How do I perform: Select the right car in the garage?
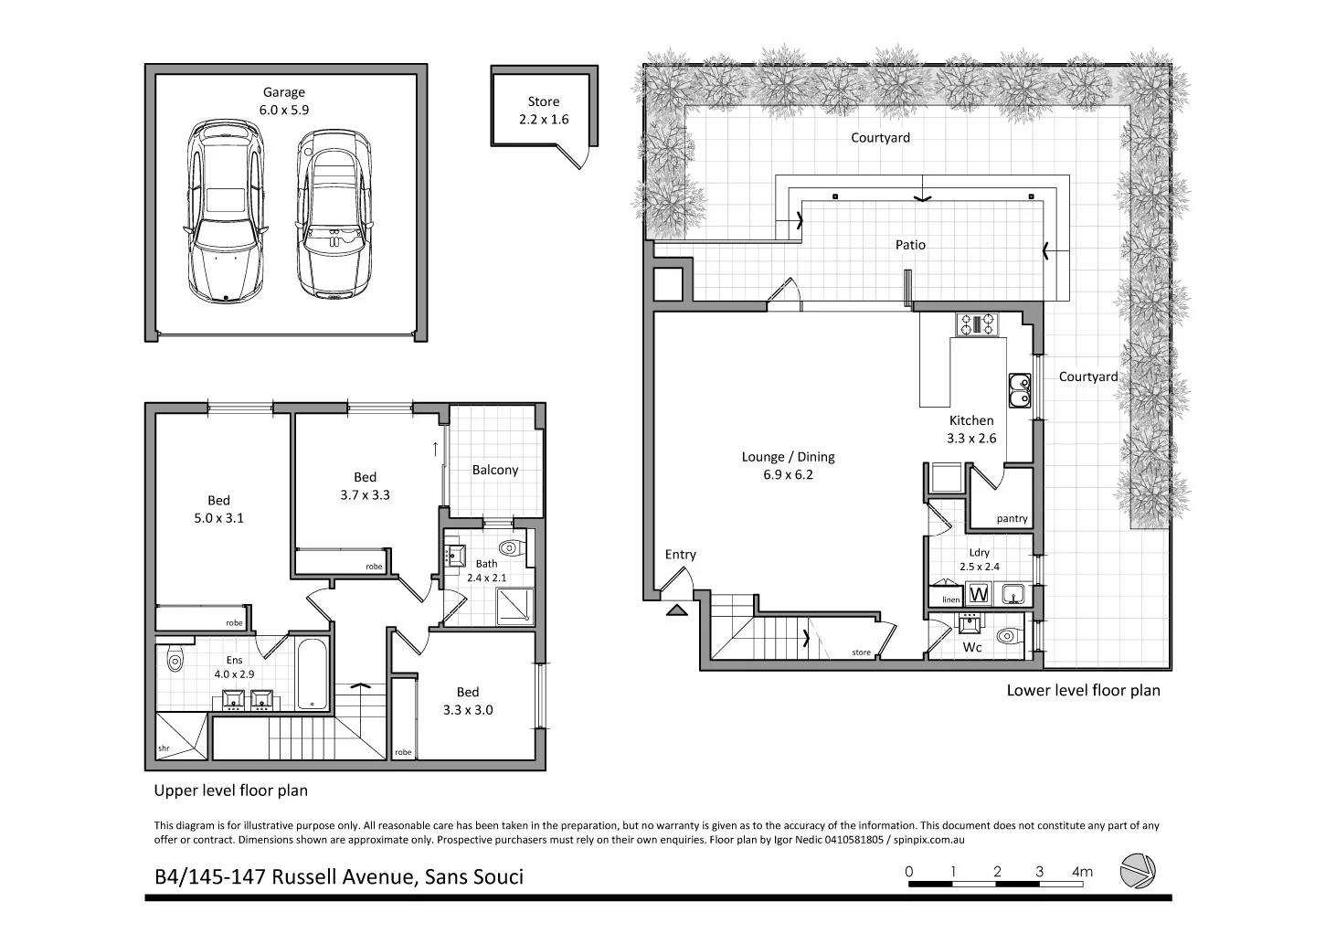(x=334, y=213)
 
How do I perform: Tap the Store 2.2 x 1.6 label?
(x=544, y=111)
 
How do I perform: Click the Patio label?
(x=910, y=245)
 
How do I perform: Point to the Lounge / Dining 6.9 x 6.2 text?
(x=788, y=465)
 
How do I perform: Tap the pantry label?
(x=1012, y=518)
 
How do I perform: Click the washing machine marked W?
(x=978, y=594)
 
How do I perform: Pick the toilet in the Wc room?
(x=1005, y=636)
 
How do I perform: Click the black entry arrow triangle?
(x=677, y=610)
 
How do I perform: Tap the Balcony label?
(x=495, y=470)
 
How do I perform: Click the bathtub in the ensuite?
(x=313, y=674)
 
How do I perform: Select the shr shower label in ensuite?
(x=164, y=748)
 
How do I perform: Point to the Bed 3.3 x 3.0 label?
(x=467, y=701)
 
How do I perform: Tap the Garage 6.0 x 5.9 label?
(x=284, y=101)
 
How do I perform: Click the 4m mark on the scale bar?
(x=1082, y=873)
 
